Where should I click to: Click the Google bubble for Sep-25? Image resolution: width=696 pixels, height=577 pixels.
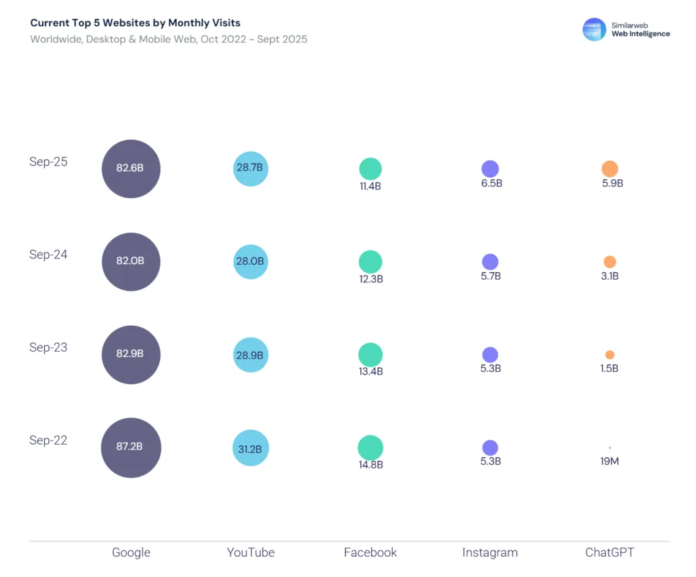131,168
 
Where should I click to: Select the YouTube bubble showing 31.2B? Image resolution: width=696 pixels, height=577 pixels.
251,448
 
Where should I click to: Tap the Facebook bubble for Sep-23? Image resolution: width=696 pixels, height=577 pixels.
370,354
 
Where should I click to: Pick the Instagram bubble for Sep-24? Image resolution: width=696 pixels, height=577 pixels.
490,262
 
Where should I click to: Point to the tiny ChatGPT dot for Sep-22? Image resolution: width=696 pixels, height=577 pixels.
610,448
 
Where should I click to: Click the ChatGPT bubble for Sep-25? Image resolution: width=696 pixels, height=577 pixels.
610,169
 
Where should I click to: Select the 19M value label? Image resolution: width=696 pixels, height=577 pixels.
610,462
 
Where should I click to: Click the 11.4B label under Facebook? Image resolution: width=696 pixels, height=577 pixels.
370,186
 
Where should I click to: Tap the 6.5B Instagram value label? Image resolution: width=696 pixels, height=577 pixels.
490,183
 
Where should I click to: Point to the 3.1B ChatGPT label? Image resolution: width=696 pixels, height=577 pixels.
610,276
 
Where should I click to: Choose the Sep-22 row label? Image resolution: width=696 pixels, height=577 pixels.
48,441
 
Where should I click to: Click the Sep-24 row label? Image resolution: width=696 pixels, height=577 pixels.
48,255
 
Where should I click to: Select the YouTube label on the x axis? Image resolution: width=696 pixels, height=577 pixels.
251,553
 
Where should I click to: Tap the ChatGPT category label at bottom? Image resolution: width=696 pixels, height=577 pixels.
610,553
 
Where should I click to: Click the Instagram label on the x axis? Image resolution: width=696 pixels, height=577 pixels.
490,553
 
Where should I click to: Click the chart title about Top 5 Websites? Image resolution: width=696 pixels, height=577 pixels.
135,23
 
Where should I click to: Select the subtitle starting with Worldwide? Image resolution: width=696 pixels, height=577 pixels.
169,39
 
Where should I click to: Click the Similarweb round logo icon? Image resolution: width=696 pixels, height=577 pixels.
594,29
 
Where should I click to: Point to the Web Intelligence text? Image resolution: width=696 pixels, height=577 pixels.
640,34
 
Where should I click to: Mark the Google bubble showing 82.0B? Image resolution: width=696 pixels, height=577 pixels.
131,261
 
